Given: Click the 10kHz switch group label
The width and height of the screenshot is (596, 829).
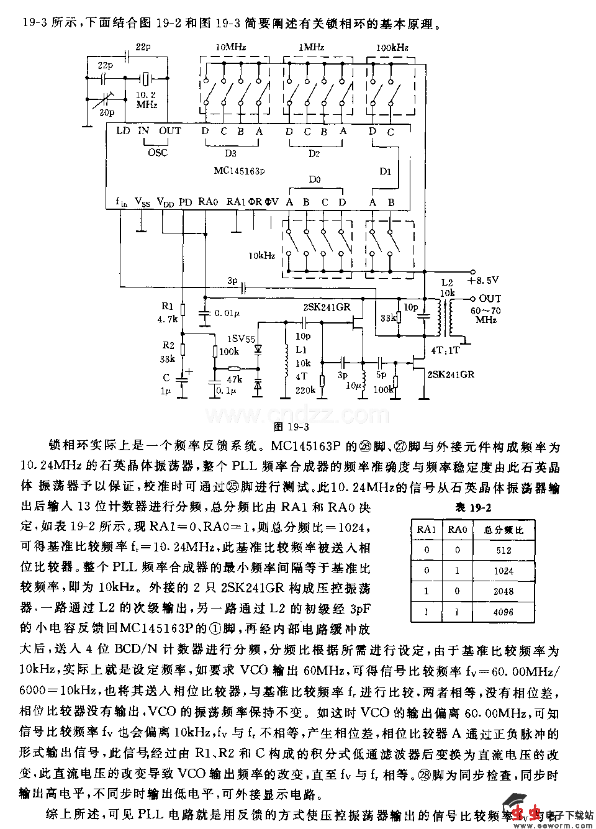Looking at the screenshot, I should (x=261, y=255).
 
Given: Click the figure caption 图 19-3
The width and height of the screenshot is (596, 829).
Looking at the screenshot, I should (x=291, y=427).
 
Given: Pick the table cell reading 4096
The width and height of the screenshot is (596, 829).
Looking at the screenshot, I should (x=503, y=612).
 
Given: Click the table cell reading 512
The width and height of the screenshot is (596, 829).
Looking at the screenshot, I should (x=503, y=550).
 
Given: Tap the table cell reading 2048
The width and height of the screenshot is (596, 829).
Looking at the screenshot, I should (x=503, y=591).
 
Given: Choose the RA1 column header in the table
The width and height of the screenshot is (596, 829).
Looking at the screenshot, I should (x=427, y=530).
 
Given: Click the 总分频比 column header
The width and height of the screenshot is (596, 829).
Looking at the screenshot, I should (x=503, y=530).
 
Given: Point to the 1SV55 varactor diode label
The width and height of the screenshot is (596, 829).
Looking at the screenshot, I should (x=242, y=339).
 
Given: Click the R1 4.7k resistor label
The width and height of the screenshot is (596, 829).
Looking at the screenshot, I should (x=168, y=312).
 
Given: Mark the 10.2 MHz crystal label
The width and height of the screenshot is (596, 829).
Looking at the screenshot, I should (x=147, y=99).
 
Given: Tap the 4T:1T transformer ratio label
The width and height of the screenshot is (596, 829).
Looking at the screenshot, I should (x=445, y=350).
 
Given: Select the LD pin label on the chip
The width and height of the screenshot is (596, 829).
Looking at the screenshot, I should (x=123, y=131).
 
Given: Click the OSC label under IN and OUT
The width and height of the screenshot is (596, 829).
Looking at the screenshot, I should (x=158, y=152).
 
